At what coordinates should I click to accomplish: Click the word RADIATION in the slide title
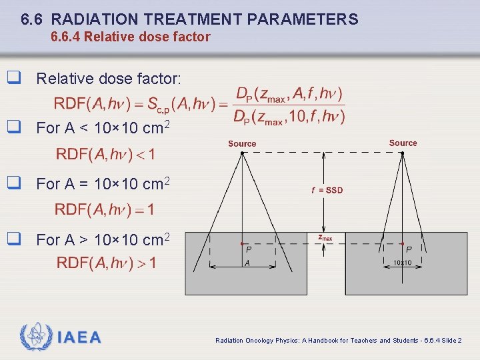(98, 20)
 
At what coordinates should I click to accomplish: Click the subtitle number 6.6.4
(67, 37)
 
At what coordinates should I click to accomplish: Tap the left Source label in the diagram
(242, 144)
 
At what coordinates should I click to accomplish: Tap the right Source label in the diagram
(403, 143)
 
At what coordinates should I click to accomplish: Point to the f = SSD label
(327, 191)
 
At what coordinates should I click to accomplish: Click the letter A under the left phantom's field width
(247, 263)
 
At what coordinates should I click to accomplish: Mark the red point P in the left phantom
(241, 243)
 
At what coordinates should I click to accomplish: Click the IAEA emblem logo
(35, 337)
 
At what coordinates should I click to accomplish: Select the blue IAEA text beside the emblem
(79, 337)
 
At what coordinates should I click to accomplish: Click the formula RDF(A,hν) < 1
(105, 155)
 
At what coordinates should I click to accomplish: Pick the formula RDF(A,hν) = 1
(105, 210)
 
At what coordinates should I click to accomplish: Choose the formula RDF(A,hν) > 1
(106, 263)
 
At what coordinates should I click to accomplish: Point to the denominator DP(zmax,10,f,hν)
(289, 117)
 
